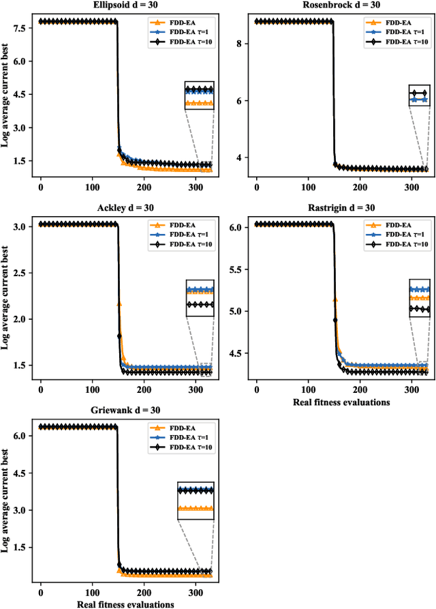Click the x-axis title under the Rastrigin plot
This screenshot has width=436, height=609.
(341, 402)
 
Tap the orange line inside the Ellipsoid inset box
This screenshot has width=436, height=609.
(199, 104)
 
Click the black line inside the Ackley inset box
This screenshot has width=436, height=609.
(199, 305)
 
